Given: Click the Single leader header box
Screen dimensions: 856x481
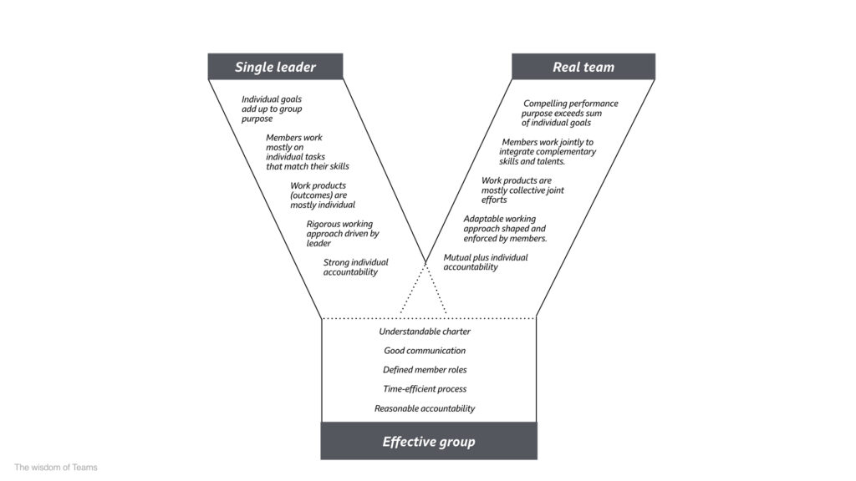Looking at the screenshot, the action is pos(275,67).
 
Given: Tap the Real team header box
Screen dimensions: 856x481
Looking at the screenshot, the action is pos(583,67).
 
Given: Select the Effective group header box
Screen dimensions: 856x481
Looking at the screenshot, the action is pos(429,441).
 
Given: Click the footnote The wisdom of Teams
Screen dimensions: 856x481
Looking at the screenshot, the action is pos(56,468).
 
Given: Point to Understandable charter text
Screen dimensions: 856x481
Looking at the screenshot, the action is pos(425,332).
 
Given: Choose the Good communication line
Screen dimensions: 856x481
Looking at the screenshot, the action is pos(425,351).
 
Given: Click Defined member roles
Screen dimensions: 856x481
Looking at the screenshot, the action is pos(425,370).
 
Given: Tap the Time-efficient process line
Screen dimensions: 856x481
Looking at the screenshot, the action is pos(425,389).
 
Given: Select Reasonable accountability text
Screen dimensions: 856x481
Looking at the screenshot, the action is pos(425,408).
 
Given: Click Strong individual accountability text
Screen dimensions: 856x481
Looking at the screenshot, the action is pos(356,267).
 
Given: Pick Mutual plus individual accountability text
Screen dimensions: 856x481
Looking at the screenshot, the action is pos(486,262).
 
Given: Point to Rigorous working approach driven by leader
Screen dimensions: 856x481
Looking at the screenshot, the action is pos(342,234).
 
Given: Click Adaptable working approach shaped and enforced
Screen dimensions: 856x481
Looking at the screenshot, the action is pos(505,229).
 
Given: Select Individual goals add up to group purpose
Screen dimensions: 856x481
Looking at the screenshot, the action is pos(272,109).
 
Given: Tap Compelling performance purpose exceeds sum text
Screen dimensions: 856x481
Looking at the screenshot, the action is pos(569,113).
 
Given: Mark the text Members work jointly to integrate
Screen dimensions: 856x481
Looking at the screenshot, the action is pos(547,152).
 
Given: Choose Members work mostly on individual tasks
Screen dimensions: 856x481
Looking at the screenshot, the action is pos(308,152).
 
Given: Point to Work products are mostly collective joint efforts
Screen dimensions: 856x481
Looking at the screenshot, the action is pos(522,190).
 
